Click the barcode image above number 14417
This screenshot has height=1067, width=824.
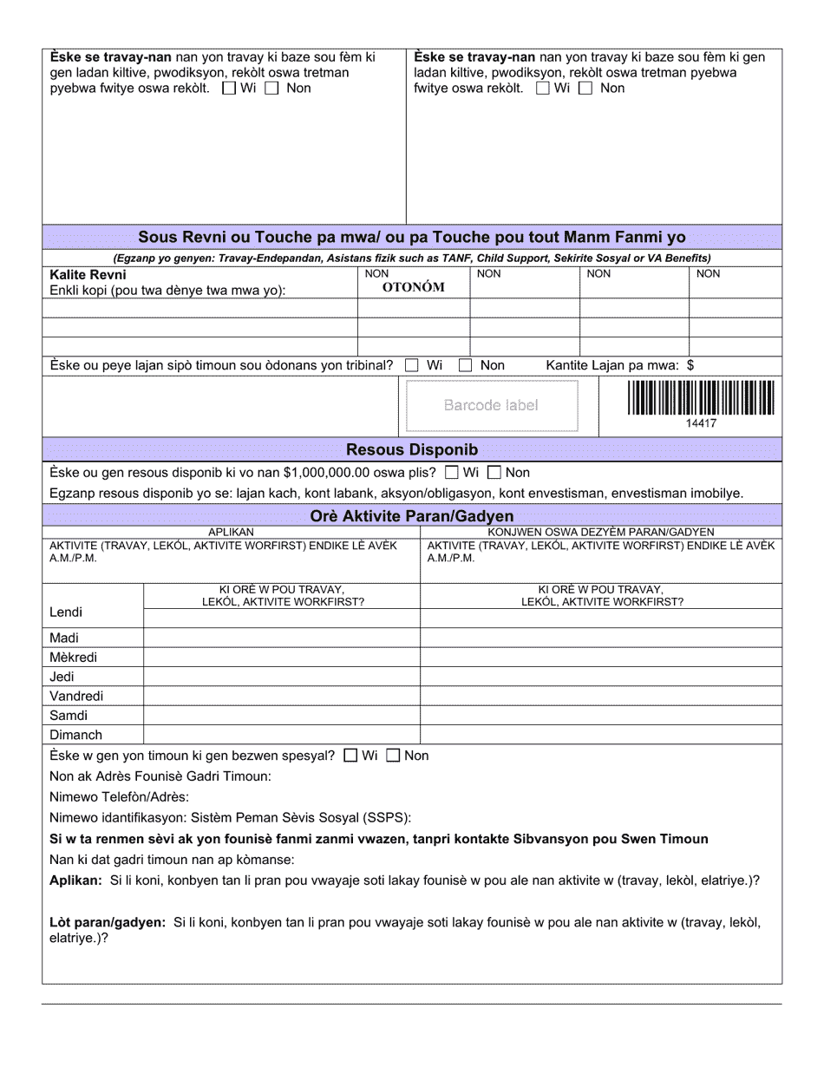click(701, 398)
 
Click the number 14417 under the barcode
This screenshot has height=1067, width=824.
click(701, 423)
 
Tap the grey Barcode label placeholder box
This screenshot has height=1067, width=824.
click(491, 405)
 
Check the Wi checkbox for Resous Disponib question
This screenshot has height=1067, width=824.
click(451, 473)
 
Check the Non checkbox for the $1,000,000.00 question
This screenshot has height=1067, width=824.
click(494, 473)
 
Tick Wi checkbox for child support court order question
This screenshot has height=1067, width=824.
click(412, 365)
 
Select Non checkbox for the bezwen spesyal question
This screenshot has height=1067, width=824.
click(393, 756)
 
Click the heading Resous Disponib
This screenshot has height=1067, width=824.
click(412, 449)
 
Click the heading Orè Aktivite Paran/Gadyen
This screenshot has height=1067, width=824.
click(412, 516)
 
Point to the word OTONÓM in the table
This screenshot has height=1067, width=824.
click(414, 288)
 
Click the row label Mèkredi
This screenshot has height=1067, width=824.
click(74, 658)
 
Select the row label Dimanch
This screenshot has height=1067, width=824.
click(75, 736)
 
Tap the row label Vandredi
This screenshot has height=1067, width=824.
click(76, 697)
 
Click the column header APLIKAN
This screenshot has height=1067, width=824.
click(231, 532)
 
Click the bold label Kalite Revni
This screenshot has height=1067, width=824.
click(88, 275)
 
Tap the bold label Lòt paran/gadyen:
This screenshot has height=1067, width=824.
click(108, 922)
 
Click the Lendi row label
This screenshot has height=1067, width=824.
click(66, 612)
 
